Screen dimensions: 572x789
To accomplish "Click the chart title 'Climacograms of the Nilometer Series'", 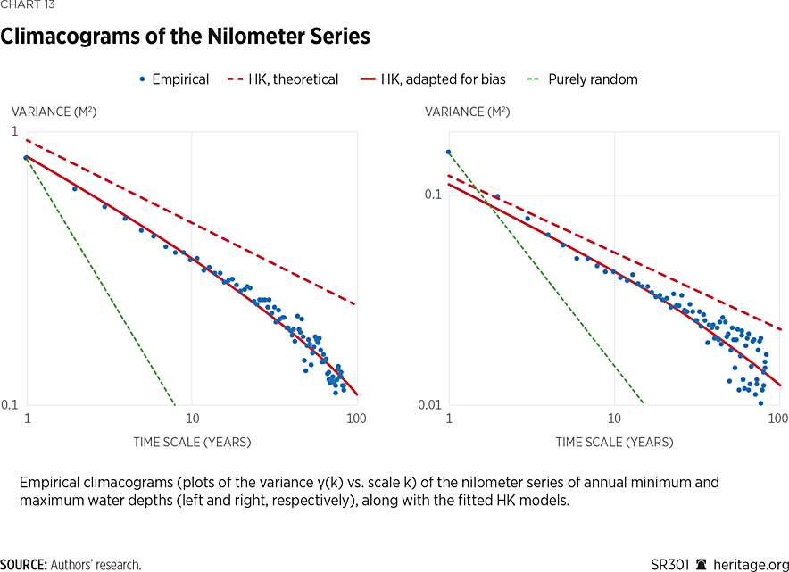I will (x=185, y=37).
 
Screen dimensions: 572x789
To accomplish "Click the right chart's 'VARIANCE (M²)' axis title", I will (x=468, y=112).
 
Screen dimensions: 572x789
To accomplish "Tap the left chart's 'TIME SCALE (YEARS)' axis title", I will (x=192, y=442).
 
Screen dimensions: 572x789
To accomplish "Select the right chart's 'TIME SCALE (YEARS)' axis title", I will (x=614, y=442).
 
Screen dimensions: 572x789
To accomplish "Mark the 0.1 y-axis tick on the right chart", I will (x=435, y=195).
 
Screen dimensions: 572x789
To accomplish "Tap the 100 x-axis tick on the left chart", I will (x=357, y=419).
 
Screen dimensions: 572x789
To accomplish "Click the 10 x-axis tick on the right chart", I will (x=614, y=419).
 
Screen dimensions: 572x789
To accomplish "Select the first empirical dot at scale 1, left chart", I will (x=26, y=157).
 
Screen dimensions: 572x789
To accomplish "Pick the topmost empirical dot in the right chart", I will (x=448, y=152).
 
